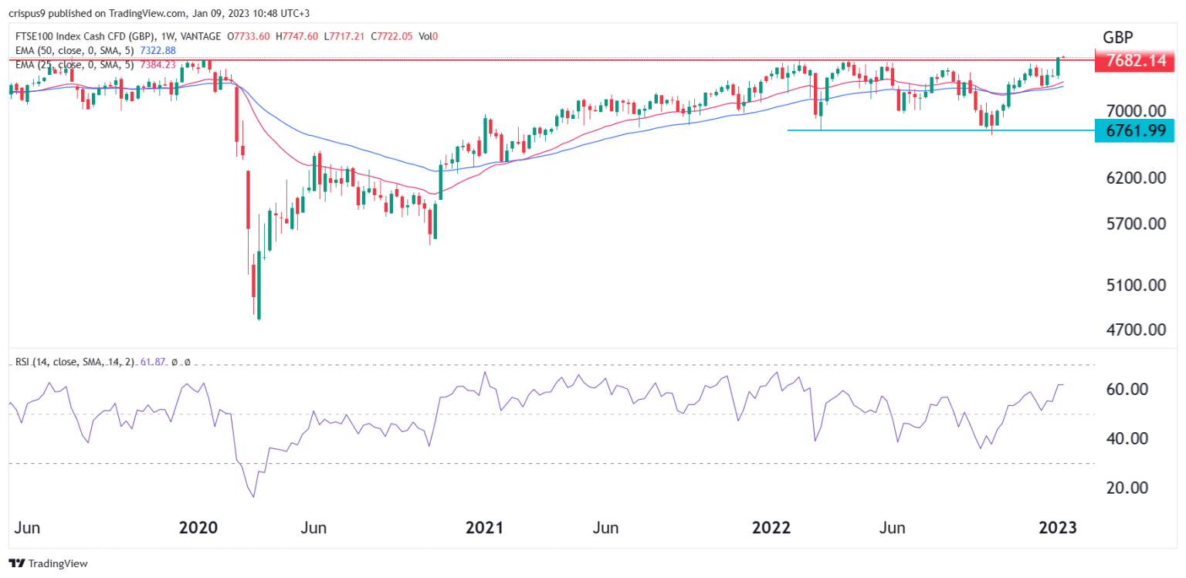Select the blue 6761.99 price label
pyautogui.click(x=1134, y=130)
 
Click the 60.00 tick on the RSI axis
pyautogui.click(x=1123, y=389)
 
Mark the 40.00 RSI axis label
pyautogui.click(x=1123, y=438)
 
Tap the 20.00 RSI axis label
pyautogui.click(x=1123, y=488)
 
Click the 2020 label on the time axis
pyautogui.click(x=198, y=529)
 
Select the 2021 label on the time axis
pyautogui.click(x=484, y=529)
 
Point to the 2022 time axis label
pyautogui.click(x=771, y=529)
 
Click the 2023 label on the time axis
pyautogui.click(x=1057, y=529)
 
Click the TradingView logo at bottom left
pyautogui.click(x=48, y=563)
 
